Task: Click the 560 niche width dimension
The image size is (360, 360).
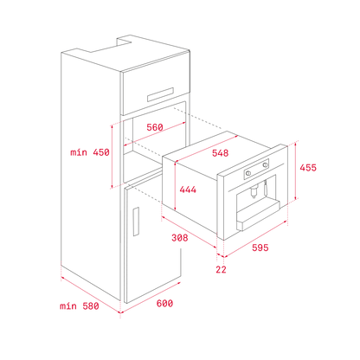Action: [x=155, y=127]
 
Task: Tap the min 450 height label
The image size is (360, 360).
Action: [x=90, y=152]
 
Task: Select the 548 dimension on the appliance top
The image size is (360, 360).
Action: [x=220, y=153]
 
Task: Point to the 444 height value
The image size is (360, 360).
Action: [x=188, y=190]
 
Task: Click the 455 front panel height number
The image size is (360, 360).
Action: [x=308, y=168]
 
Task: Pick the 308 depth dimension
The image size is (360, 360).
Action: [x=179, y=238]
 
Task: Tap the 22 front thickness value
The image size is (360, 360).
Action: [x=221, y=269]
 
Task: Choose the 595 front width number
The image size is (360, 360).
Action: [x=260, y=247]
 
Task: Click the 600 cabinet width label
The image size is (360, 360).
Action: [x=164, y=303]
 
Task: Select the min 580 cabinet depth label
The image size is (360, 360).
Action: [x=80, y=305]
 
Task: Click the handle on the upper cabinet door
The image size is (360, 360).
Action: [x=160, y=94]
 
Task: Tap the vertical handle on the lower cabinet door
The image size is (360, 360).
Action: [x=136, y=222]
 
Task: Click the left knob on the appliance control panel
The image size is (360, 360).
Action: [x=247, y=173]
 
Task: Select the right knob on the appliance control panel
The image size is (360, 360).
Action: [x=265, y=164]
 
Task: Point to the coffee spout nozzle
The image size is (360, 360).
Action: [x=254, y=191]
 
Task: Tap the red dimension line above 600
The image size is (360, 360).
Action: [x=151, y=297]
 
